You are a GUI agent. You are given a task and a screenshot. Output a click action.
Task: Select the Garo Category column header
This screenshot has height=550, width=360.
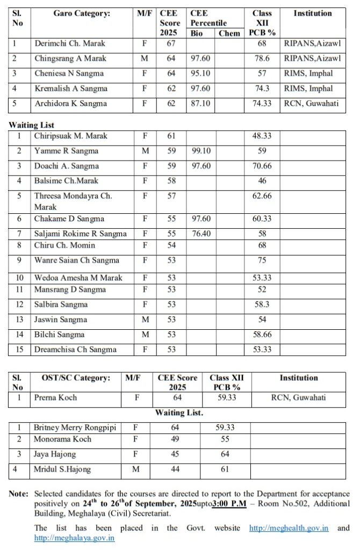(x=82, y=13)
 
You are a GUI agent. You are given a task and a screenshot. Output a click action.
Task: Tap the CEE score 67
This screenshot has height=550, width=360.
(x=171, y=44)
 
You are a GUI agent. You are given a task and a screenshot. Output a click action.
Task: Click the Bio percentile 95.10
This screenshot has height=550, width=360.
(x=200, y=74)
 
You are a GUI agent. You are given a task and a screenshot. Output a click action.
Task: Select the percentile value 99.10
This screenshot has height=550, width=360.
(x=200, y=151)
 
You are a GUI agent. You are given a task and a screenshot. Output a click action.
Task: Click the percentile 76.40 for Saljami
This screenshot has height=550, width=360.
(x=200, y=234)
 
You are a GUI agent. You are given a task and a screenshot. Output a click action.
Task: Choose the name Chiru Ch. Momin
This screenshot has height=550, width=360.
(x=65, y=245)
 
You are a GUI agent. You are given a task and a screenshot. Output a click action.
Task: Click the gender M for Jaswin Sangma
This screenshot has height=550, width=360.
(x=144, y=320)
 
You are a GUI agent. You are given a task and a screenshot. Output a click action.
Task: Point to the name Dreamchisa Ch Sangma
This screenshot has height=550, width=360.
(x=76, y=350)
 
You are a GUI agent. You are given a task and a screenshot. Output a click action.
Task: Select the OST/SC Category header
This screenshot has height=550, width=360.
(x=76, y=378)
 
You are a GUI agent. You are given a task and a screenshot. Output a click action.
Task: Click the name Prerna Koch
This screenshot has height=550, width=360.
(x=55, y=398)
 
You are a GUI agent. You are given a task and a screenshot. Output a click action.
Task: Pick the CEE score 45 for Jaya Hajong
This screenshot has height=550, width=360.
(x=175, y=454)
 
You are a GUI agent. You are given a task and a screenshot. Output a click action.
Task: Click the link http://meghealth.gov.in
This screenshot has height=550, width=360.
(x=289, y=528)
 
